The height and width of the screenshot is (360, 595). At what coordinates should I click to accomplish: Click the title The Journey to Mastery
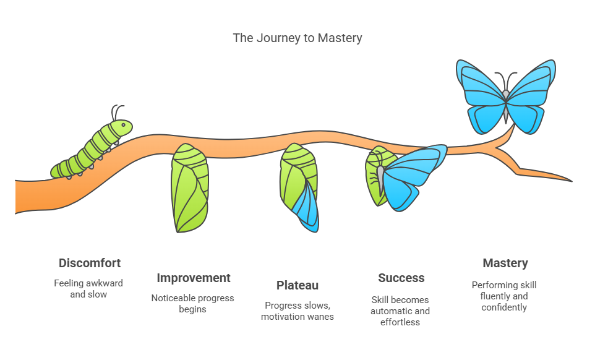click(297, 38)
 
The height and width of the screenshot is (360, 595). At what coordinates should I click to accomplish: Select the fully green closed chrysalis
click(189, 187)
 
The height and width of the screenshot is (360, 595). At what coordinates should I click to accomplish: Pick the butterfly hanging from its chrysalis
click(408, 176)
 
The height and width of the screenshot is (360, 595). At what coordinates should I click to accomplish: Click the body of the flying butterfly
click(505, 105)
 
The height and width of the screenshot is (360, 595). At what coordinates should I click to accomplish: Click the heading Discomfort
click(89, 263)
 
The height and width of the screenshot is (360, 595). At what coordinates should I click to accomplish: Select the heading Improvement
click(193, 278)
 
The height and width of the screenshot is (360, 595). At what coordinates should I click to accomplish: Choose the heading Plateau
click(297, 285)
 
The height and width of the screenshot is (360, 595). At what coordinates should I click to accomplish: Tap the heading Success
click(401, 278)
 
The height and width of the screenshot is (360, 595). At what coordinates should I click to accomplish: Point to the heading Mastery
click(505, 263)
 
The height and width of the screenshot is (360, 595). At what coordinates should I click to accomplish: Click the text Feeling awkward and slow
click(88, 289)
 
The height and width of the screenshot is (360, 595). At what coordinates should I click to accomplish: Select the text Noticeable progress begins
click(193, 303)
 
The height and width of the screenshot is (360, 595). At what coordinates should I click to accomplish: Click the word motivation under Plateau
click(285, 317)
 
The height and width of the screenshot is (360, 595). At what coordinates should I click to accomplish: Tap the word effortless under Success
click(400, 322)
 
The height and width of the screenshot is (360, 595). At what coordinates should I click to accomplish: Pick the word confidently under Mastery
click(504, 307)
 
